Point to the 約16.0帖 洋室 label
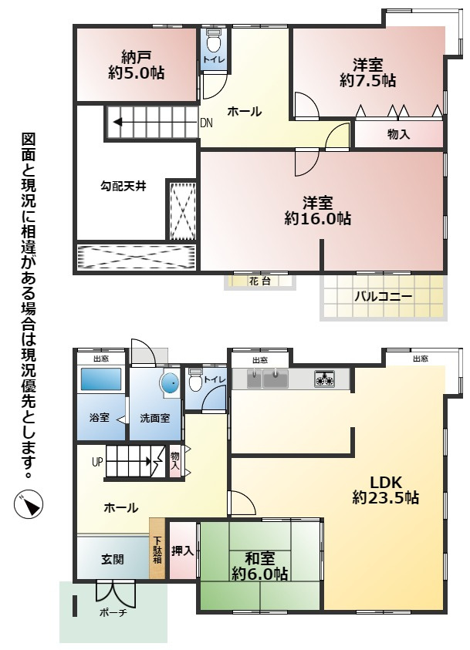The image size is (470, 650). coord(317,210)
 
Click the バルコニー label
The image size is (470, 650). coord(383,296)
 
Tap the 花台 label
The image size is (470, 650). coord(259,281)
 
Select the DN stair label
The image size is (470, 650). coord(206,122)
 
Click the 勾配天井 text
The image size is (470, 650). coord(123,186)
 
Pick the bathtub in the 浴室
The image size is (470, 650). coord(101,380)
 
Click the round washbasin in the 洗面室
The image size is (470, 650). coord(168,384)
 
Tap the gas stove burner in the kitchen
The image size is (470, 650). coord(323,379)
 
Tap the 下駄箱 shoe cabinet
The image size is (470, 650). coord(157,548)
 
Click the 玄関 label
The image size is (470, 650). coord(112,558)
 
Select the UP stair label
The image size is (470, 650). coord(97,463)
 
